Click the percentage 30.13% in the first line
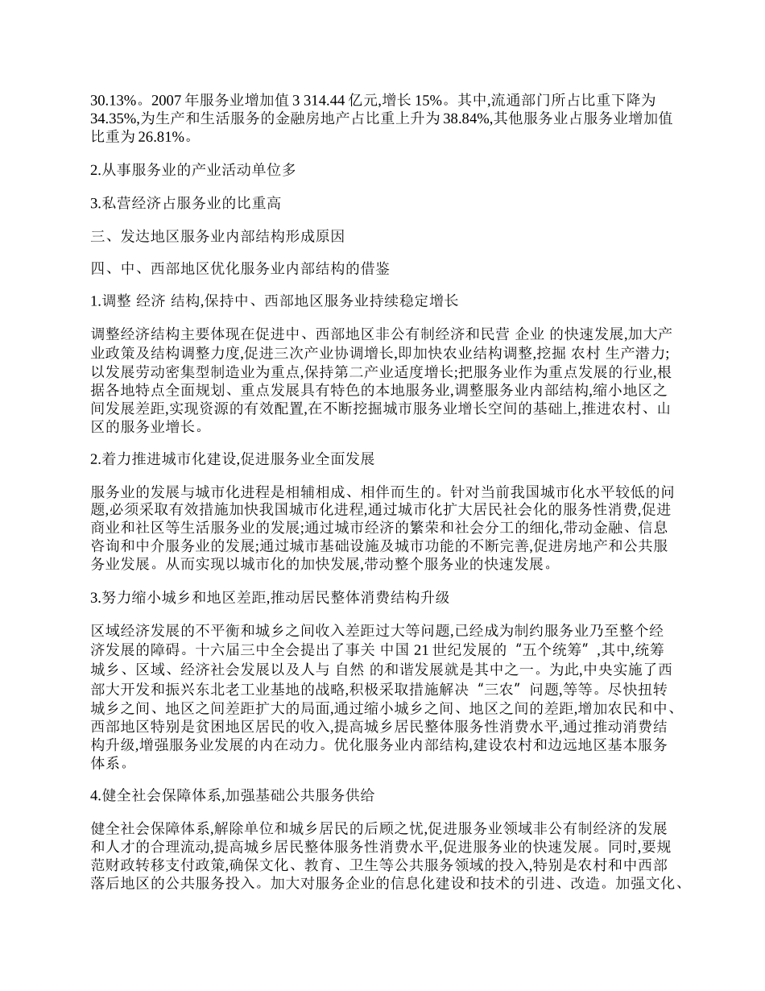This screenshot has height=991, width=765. coord(111,101)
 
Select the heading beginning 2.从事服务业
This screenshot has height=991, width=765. coord(193,169)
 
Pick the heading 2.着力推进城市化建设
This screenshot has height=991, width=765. coord(233,459)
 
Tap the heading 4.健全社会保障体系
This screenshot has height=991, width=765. coord(233,795)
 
